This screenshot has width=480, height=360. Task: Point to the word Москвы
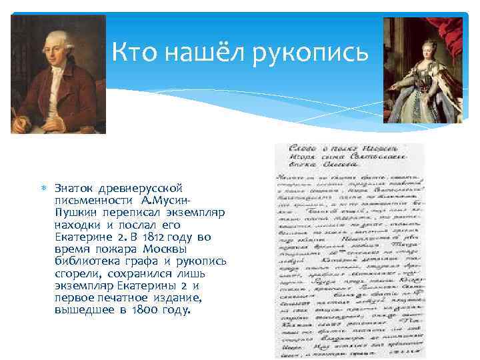(136, 249)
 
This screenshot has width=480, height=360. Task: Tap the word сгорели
(76, 273)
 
